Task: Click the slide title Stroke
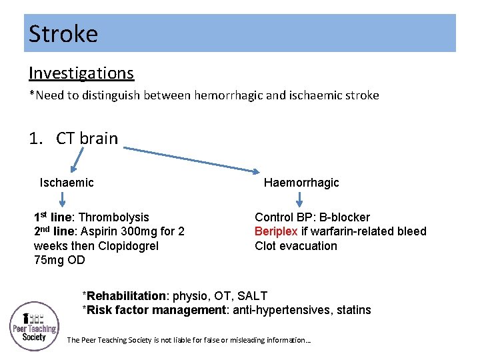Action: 63,34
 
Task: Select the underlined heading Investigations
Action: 81,73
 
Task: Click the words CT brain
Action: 87,139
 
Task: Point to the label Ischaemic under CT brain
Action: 67,183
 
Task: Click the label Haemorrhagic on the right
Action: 301,183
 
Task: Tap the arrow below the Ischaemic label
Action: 62,199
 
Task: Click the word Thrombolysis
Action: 113,217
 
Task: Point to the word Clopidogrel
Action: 124,246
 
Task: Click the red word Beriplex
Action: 276,231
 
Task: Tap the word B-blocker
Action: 346,217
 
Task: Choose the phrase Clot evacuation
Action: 296,246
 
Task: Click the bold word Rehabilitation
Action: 126,296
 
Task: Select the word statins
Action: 353,310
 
